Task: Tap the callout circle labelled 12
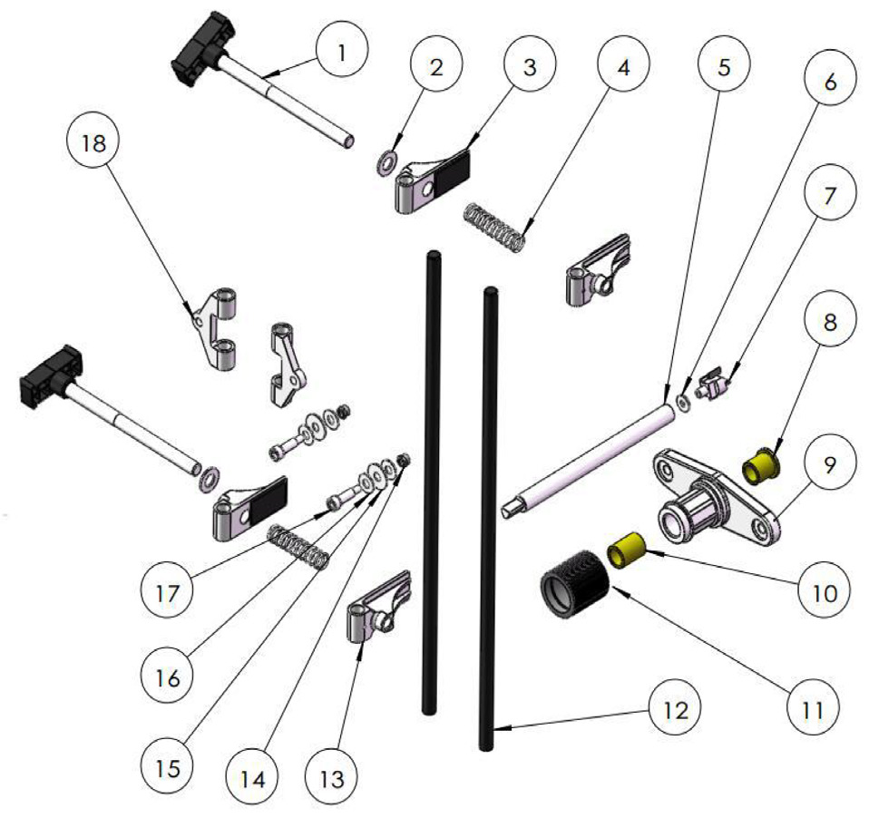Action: [x=673, y=711]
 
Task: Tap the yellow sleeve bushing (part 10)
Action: [x=627, y=550]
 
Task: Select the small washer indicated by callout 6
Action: [x=684, y=404]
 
